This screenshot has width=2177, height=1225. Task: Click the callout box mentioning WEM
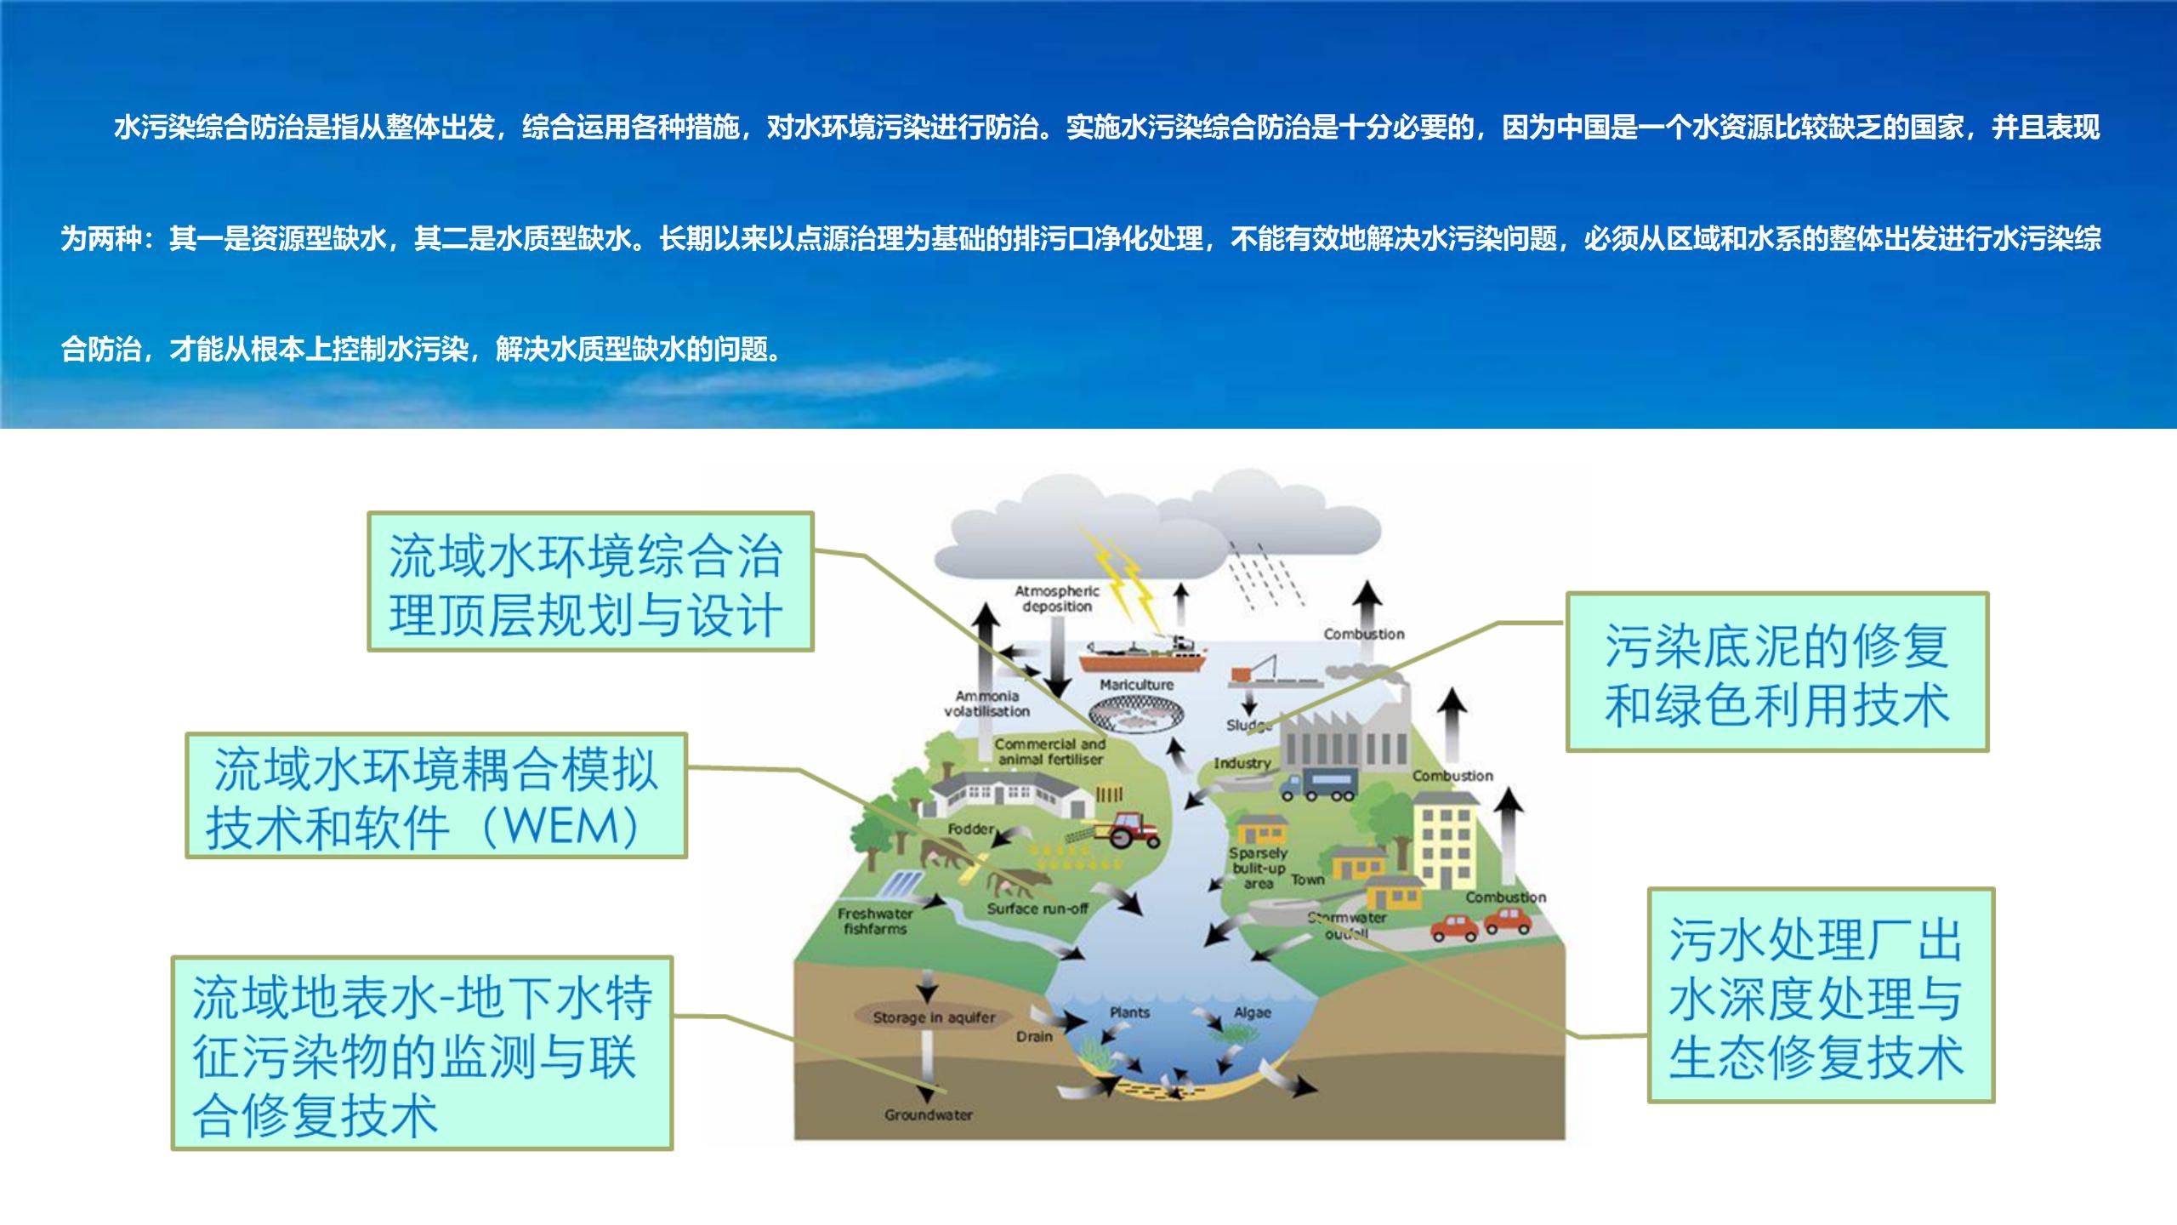click(436, 796)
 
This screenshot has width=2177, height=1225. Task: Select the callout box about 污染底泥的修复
click(1776, 672)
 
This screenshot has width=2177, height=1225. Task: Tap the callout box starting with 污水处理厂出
click(1821, 995)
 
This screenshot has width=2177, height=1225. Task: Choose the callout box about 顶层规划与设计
click(590, 582)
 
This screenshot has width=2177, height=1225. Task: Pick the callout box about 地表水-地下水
click(422, 1053)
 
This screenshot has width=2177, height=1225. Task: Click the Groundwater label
click(928, 1114)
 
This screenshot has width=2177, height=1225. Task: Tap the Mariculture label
click(1136, 685)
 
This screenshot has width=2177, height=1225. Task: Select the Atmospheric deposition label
click(1057, 598)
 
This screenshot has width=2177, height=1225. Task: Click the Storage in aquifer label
click(934, 1017)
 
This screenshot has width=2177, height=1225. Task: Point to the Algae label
click(1252, 1012)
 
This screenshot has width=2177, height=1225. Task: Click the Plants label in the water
click(1129, 1012)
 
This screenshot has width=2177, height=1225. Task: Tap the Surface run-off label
click(1037, 909)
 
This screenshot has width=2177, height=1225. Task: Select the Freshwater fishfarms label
click(875, 921)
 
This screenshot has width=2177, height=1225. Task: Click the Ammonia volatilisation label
click(986, 704)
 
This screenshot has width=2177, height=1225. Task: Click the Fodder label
click(970, 829)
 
